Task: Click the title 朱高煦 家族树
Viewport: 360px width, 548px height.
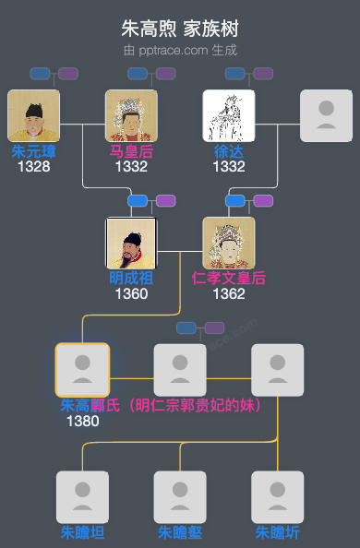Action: [180, 29]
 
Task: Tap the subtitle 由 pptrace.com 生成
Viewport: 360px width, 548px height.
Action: [180, 50]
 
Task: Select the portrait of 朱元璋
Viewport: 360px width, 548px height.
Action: [33, 115]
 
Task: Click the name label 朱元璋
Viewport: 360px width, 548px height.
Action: [33, 151]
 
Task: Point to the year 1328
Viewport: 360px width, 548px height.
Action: [33, 167]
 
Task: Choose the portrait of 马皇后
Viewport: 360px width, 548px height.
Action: [131, 115]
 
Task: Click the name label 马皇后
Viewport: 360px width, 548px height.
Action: [131, 151]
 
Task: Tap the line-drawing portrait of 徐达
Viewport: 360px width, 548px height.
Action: [229, 115]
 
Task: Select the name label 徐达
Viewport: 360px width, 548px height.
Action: [229, 151]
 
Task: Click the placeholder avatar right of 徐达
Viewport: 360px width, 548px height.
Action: [326, 115]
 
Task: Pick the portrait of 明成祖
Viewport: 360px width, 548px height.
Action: [131, 243]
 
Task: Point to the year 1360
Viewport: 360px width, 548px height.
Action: [131, 294]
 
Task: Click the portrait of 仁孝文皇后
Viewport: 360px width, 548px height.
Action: [229, 243]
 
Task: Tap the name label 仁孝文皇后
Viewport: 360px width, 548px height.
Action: [229, 278]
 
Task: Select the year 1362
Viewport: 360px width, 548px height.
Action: [229, 294]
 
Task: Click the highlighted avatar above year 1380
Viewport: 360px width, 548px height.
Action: [82, 370]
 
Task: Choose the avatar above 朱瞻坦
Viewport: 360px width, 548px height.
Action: [82, 497]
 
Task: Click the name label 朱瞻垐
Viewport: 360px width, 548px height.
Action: [180, 532]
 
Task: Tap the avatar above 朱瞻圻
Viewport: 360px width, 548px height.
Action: [278, 497]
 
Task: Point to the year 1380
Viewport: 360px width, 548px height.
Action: [82, 422]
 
